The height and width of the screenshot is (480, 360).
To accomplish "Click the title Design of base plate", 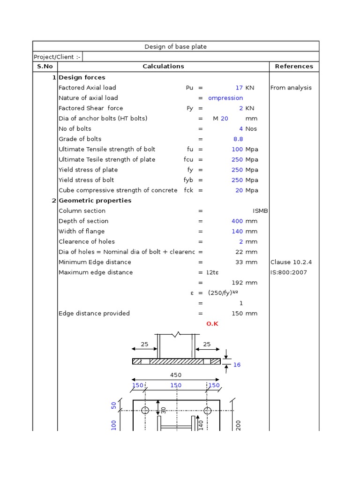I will (x=175, y=46).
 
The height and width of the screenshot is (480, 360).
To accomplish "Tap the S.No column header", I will (x=45, y=67).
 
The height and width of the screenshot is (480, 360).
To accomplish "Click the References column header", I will (x=294, y=67).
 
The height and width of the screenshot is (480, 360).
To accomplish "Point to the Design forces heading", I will (x=82, y=77).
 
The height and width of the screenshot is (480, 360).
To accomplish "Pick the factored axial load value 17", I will (x=239, y=88).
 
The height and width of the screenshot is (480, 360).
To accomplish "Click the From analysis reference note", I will (x=291, y=88).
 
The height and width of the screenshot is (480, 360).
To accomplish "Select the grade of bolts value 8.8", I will (x=238, y=139).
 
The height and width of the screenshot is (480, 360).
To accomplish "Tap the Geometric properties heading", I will (x=95, y=201).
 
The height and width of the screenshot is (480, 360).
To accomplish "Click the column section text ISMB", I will (x=260, y=211).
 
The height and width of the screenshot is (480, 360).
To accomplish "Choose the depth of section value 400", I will (x=237, y=221).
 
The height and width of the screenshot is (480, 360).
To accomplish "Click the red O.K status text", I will (x=212, y=324).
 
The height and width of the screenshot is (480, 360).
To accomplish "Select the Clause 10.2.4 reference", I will (x=291, y=262).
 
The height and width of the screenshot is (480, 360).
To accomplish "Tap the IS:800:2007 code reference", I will (x=289, y=272).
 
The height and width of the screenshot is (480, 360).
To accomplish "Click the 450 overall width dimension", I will (x=176, y=375).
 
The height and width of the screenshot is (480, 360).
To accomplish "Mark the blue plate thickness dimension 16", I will (x=237, y=365).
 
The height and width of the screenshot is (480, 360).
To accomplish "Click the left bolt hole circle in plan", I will (x=145, y=411).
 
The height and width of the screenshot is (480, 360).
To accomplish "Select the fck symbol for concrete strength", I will (x=188, y=190).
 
